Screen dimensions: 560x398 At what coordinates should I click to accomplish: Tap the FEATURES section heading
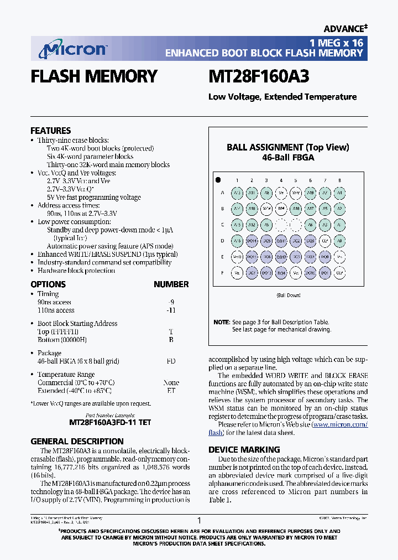50,131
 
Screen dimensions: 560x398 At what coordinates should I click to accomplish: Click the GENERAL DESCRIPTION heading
77,441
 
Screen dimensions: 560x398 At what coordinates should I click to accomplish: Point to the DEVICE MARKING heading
244,449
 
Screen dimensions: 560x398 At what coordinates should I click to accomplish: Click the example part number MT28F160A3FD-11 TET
110,422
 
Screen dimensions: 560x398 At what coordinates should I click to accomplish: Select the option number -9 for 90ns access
171,302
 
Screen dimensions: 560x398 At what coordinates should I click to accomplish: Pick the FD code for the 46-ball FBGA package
171,361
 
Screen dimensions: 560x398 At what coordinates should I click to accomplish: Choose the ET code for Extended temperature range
171,390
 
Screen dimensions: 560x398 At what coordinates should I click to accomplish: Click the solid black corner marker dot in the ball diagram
218,180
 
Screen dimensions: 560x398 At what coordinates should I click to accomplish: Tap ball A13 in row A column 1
237,193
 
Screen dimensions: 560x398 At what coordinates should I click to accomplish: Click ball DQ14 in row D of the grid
252,241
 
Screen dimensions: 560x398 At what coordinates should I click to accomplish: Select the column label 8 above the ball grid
339,180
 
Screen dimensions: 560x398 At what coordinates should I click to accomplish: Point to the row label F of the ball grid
222,273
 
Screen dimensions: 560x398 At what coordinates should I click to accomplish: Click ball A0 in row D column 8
339,241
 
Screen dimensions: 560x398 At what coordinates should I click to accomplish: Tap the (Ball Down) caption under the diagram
288,295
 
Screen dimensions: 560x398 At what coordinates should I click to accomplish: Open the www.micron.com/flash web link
339,425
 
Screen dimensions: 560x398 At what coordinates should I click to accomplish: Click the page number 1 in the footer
199,520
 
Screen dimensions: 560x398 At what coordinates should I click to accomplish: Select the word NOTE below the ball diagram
221,322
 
